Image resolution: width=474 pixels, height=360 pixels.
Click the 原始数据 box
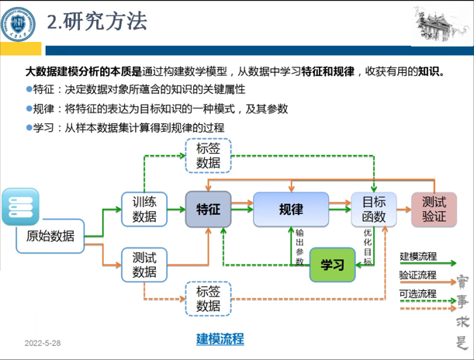click(50, 236)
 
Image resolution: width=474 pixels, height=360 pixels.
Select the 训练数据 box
click(144, 209)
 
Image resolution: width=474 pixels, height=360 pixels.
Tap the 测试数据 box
click(144, 265)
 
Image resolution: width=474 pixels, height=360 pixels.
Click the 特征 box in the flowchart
click(209, 209)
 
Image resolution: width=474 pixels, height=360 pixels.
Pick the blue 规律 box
click(290, 209)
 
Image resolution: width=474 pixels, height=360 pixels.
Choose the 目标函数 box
click(373, 209)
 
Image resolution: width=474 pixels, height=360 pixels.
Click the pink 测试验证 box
click(434, 209)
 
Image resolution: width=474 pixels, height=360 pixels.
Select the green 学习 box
click(331, 265)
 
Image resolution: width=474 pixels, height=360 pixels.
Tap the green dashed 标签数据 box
click(208, 154)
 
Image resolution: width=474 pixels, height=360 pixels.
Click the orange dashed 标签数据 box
click(208, 299)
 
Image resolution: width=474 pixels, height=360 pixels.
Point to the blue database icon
click(19, 206)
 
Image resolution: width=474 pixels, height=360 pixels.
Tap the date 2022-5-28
click(43, 342)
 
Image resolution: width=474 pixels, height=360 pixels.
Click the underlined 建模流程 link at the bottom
click(220, 339)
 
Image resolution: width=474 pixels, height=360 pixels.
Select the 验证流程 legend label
click(417, 275)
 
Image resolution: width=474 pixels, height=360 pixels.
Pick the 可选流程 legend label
click(417, 293)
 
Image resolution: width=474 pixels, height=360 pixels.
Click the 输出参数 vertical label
click(299, 247)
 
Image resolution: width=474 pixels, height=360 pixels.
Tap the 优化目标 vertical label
click(368, 247)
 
